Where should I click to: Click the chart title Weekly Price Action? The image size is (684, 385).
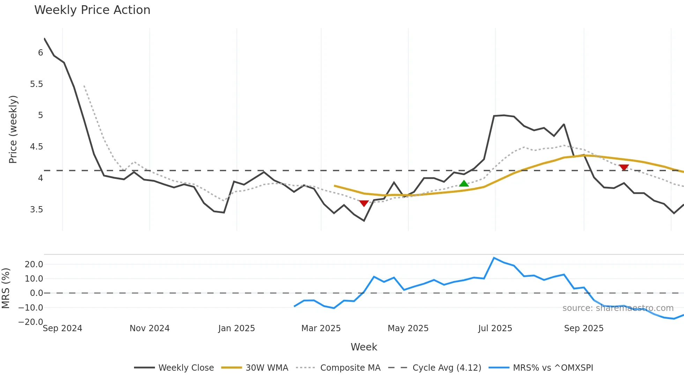pos(92,10)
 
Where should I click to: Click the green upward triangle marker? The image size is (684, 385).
pos(464,183)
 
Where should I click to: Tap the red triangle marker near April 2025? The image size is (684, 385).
pos(364,203)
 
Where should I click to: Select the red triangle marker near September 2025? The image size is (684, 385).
pos(624,167)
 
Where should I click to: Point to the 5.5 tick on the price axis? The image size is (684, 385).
pos(36,84)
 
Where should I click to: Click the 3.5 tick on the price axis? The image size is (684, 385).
pos(36,210)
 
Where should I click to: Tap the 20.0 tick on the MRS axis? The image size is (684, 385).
pos(34,264)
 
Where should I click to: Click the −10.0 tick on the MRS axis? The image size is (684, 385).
pos(31,308)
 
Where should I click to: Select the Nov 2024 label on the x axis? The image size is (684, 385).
pos(149,328)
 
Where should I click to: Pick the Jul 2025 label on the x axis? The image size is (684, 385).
pos(495,328)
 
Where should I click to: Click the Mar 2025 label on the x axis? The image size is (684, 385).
pos(321,328)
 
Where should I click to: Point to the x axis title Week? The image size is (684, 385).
pos(364,347)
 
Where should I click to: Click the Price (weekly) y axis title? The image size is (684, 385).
pos(13,129)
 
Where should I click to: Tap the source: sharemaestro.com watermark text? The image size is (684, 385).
pos(618,308)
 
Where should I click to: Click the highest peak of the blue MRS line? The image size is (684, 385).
pos(494,258)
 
